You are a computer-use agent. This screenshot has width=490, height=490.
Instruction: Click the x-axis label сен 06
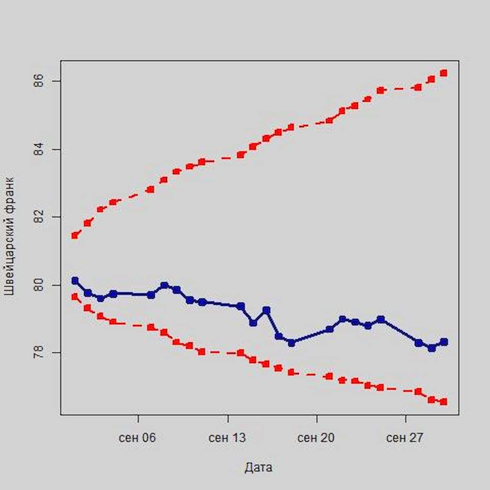tap(138, 438)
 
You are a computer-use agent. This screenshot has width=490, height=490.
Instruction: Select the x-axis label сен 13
tap(227, 438)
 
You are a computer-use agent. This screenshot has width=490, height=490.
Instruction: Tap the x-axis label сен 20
tap(316, 438)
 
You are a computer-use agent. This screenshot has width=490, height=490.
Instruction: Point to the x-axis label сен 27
tap(405, 438)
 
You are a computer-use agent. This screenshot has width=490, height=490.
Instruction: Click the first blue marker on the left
tap(75, 281)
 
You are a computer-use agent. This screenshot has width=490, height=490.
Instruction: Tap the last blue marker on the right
tap(444, 342)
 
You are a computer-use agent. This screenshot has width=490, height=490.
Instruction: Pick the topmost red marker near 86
tap(444, 73)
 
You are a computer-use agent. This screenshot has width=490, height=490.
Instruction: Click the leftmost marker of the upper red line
tap(75, 235)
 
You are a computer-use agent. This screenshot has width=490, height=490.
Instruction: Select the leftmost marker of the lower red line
tap(75, 297)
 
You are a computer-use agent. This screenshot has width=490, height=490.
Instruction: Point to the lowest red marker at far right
tap(444, 402)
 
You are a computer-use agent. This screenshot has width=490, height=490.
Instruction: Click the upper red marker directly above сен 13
tap(241, 155)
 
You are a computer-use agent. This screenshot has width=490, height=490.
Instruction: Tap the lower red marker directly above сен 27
tap(418, 392)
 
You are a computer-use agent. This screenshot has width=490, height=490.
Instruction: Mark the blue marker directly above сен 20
tap(329, 329)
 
